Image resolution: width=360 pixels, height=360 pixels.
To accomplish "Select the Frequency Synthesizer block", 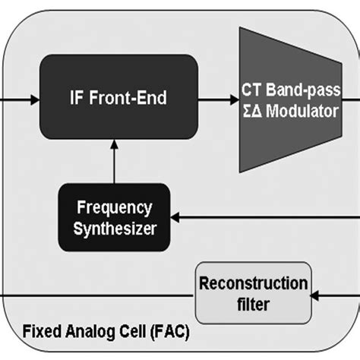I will coord(113,217).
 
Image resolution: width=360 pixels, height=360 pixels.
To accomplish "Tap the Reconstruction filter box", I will coord(252,292).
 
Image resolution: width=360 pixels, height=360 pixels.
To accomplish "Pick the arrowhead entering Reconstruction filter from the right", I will coord(318,292).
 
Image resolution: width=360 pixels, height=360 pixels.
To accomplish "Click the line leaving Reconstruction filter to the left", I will coord(91,292).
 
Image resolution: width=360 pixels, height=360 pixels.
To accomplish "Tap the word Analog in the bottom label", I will coord(87,333).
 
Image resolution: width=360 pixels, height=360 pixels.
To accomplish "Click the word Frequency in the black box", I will coord(113,207).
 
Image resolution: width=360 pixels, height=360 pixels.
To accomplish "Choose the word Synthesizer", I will coord(113,227).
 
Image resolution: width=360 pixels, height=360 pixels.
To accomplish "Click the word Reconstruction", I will coord(252,283).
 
